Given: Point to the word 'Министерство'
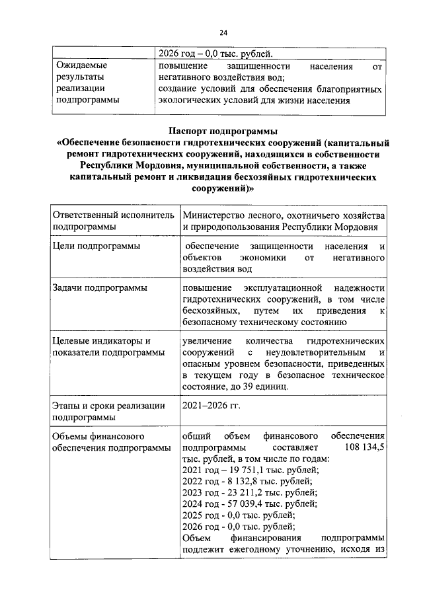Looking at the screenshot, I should click(x=216, y=215).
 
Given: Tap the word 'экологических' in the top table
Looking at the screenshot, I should click(x=192, y=100).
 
